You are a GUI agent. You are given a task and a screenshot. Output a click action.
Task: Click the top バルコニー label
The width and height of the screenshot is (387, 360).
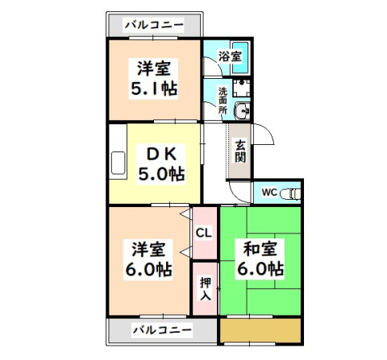pyautogui.click(x=153, y=24)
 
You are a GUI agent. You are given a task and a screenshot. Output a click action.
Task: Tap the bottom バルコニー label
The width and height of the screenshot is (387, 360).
pyautogui.click(x=162, y=330)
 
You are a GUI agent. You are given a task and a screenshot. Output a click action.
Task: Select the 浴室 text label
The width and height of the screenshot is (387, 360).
pyautogui.click(x=230, y=56)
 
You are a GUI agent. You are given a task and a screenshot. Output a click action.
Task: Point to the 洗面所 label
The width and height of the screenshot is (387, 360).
pyautogui.click(x=223, y=99)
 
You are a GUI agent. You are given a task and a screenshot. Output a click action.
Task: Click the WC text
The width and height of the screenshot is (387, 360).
pyautogui.click(x=269, y=192)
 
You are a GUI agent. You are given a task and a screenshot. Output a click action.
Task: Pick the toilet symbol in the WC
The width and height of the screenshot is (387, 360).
pyautogui.click(x=292, y=193)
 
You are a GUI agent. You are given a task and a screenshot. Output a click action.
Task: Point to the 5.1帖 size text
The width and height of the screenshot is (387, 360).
pyautogui.click(x=154, y=86)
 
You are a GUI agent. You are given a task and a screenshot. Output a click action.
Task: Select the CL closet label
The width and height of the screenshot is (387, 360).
pyautogui.click(x=204, y=234)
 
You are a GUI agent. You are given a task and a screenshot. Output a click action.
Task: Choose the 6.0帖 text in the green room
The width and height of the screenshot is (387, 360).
pyautogui.click(x=258, y=267)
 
